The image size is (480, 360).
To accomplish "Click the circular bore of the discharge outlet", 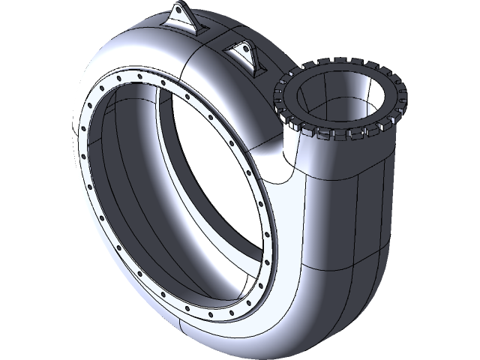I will click(342, 94).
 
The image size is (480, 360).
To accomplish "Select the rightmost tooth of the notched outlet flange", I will click(402, 95).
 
